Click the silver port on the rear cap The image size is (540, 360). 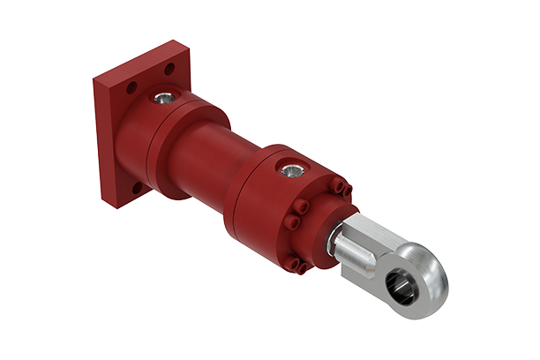(165, 98)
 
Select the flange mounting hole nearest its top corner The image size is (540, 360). (169, 69)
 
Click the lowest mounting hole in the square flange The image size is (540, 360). (136, 188)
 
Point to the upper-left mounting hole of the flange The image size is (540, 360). (131, 88)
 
